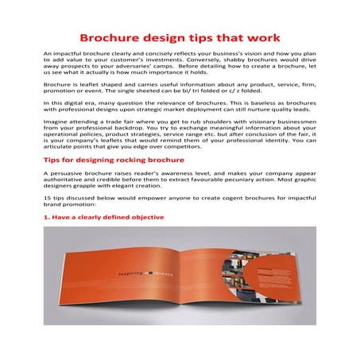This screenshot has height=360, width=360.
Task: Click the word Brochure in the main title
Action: (x=114, y=37)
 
